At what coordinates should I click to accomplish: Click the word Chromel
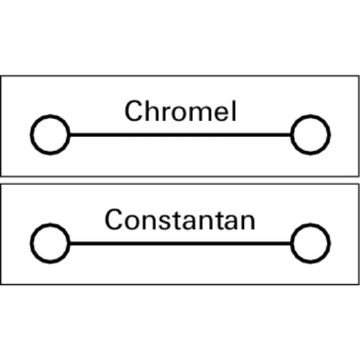point(180,111)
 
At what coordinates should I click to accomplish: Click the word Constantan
point(180,219)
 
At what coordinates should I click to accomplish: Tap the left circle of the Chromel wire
point(31,135)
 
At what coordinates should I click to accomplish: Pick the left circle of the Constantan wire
point(31,243)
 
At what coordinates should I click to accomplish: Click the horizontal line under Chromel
point(180,135)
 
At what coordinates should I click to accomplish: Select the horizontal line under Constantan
point(180,243)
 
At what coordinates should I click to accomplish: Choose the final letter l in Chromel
point(234,111)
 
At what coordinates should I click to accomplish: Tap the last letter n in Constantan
point(248,222)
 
